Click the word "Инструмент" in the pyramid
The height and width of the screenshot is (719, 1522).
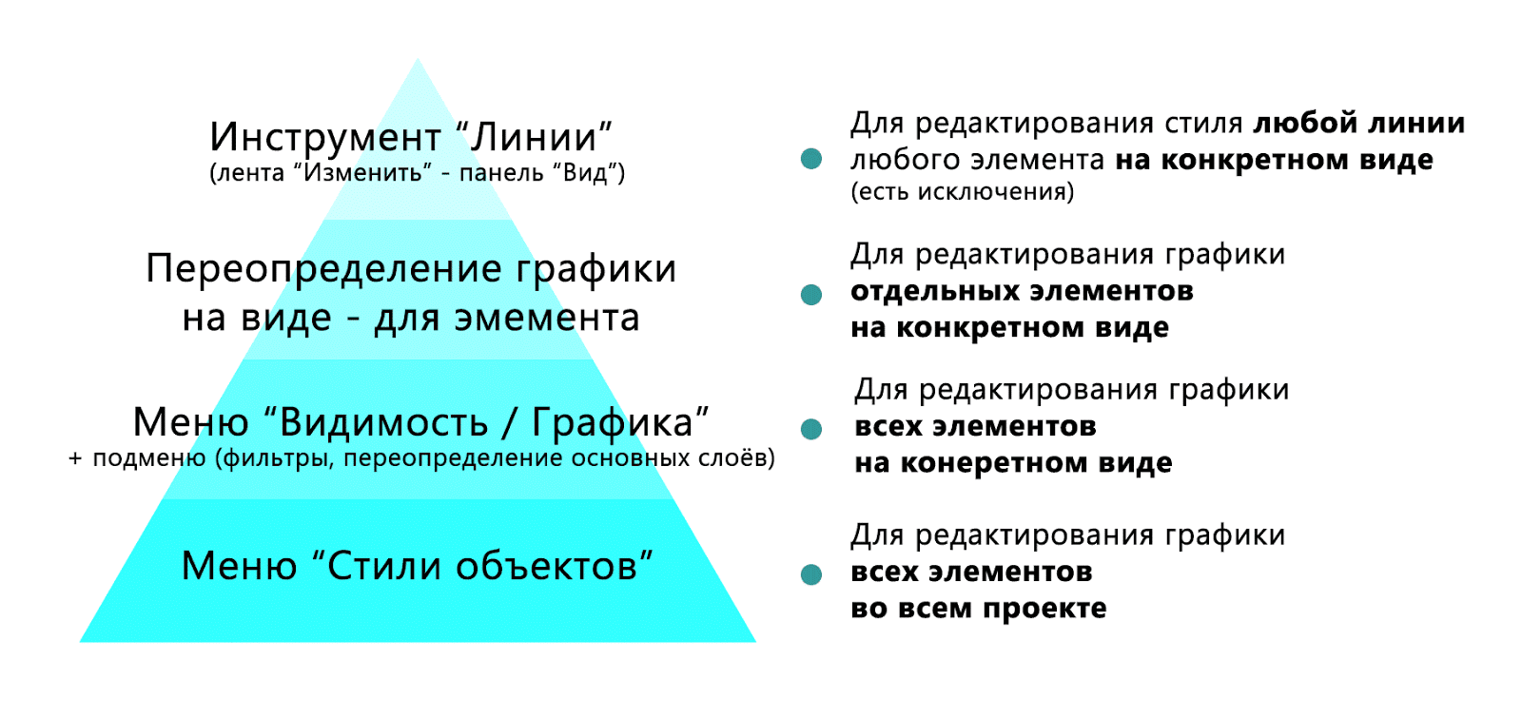pos(325,137)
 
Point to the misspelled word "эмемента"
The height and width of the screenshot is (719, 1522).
pos(547,318)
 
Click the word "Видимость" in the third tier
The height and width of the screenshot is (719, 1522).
pos(383,421)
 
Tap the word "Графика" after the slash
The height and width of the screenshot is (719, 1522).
pos(619,421)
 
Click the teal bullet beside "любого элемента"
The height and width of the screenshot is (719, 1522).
pos(811,159)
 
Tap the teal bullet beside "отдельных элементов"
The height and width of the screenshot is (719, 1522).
pos(811,295)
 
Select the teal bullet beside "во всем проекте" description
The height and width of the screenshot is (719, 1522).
pos(811,574)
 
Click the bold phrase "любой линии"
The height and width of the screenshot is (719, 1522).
pos(1358,123)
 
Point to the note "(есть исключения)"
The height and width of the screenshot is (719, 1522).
pos(962,192)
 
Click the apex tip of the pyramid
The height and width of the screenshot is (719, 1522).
pos(418,60)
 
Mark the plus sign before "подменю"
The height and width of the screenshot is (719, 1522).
pos(76,459)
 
